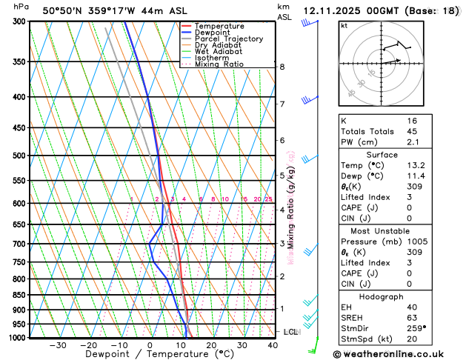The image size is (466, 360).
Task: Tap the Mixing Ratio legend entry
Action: (x=219, y=64)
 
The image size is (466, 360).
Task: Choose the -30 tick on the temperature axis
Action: (x=57, y=345)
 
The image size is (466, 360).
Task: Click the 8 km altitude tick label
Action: (x=282, y=67)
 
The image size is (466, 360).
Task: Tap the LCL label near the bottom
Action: (x=290, y=332)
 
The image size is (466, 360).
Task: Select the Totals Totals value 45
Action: (x=412, y=131)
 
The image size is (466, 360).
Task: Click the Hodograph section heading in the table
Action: (x=376, y=296)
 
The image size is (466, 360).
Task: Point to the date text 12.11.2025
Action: (x=341, y=11)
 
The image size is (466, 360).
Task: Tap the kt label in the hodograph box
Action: (x=344, y=25)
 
